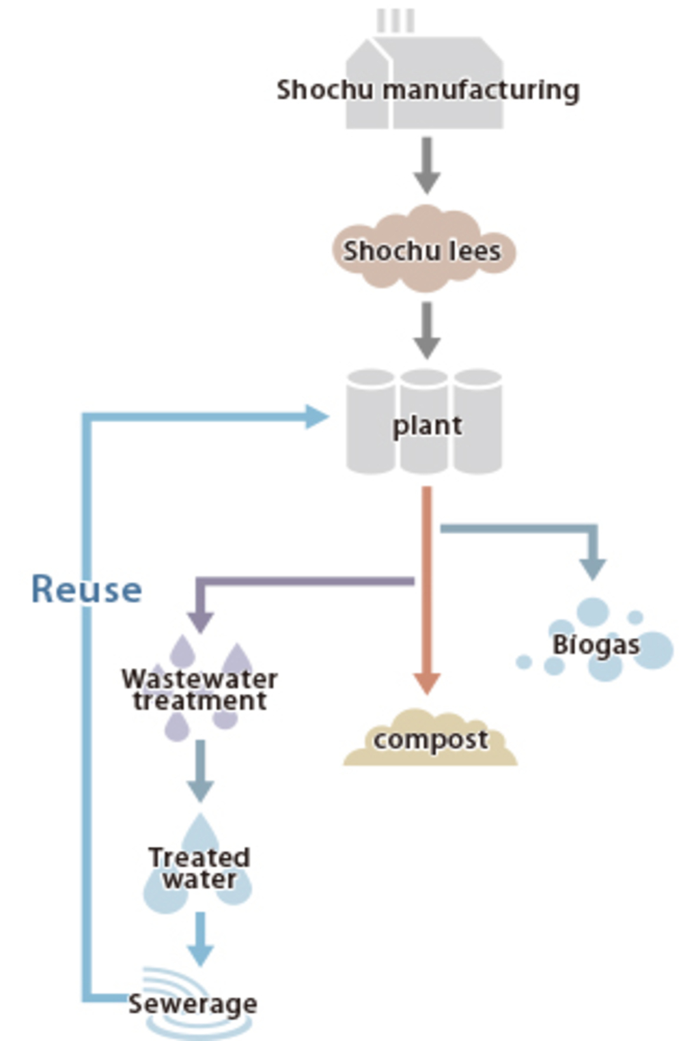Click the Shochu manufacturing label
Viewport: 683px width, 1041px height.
click(428, 90)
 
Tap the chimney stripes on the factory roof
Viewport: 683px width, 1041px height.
click(395, 20)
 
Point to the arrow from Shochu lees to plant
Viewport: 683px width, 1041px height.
click(427, 330)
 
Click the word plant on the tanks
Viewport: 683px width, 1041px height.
click(427, 426)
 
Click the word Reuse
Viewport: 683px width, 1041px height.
click(87, 589)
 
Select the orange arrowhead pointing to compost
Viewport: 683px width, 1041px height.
click(427, 682)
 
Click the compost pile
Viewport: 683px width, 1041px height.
click(430, 740)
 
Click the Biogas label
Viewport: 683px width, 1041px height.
click(596, 644)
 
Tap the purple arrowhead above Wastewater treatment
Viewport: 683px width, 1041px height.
click(200, 622)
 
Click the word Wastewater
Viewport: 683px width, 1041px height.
click(199, 679)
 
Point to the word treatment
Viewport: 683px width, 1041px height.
click(199, 701)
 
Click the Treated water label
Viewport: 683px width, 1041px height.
click(199, 868)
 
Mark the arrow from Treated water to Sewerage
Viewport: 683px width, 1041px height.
click(200, 940)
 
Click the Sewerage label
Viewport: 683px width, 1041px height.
click(193, 1003)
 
